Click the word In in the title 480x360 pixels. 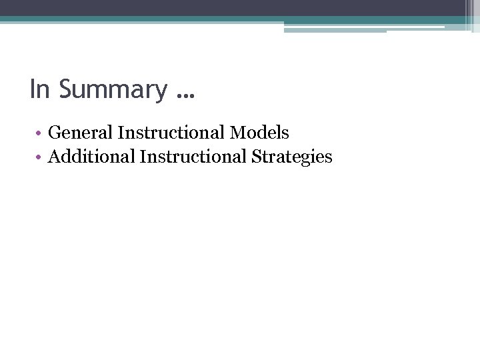40,89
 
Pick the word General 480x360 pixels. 81,133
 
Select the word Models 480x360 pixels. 259,133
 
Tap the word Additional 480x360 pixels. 91,157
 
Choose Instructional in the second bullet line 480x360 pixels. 193,157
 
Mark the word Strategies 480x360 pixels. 291,157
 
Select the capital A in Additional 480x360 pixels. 55,157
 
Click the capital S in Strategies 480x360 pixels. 256,157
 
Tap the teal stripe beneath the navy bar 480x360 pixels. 200,19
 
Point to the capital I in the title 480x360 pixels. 32,89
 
